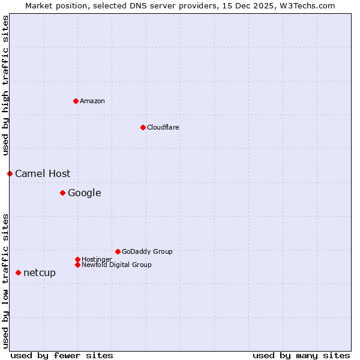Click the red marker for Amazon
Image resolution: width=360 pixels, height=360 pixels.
[76, 101]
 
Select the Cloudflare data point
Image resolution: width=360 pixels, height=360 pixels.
[143, 127]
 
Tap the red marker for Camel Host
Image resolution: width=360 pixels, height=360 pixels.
[10, 173]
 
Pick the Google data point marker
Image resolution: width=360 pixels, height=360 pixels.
[62, 193]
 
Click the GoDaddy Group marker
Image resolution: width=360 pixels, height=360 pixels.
[118, 251]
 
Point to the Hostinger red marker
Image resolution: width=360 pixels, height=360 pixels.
[77, 259]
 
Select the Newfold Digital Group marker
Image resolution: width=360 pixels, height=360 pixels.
[77, 265]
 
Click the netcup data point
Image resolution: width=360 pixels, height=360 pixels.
[18, 272]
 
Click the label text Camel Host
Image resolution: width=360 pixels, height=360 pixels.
[43, 174]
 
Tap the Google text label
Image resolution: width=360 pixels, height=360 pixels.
[84, 193]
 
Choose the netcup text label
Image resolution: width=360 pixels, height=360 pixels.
[40, 273]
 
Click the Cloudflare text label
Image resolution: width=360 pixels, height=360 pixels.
[163, 128]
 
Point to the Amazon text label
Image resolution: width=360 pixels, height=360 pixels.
[92, 101]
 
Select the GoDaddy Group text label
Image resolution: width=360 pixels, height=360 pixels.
[147, 252]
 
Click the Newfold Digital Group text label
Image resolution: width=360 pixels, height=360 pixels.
[116, 265]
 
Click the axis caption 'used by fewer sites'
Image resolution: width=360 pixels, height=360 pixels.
[62, 355]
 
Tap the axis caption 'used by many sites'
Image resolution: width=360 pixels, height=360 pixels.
[301, 355]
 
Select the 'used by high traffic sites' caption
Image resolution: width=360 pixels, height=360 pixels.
[5, 86]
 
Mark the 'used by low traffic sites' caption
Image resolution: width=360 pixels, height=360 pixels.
[5, 280]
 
